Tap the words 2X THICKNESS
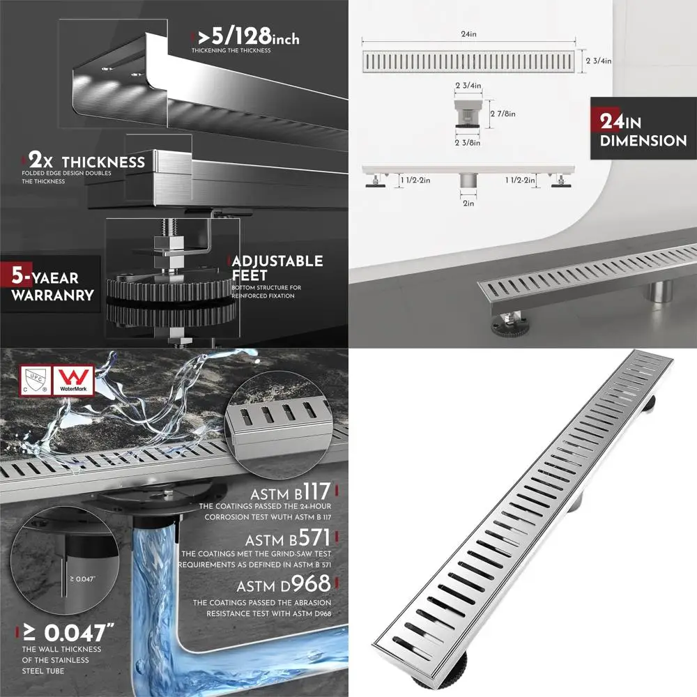[x=88, y=162]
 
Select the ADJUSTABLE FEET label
[x=277, y=268]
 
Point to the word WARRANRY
[x=52, y=295]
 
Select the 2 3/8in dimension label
[x=467, y=143]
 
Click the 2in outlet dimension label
[x=467, y=204]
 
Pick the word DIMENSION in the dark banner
[x=643, y=141]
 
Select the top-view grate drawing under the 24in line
[x=470, y=61]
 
